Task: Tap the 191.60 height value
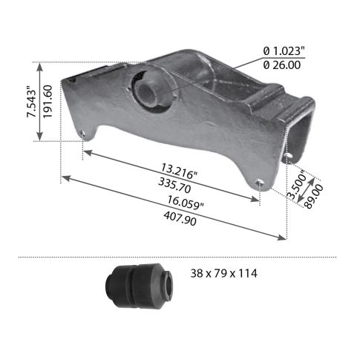tap(46, 101)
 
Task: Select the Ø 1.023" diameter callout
tap(284, 50)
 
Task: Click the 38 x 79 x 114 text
tap(224, 273)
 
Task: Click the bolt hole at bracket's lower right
tap(258, 183)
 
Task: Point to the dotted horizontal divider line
tap(178, 257)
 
